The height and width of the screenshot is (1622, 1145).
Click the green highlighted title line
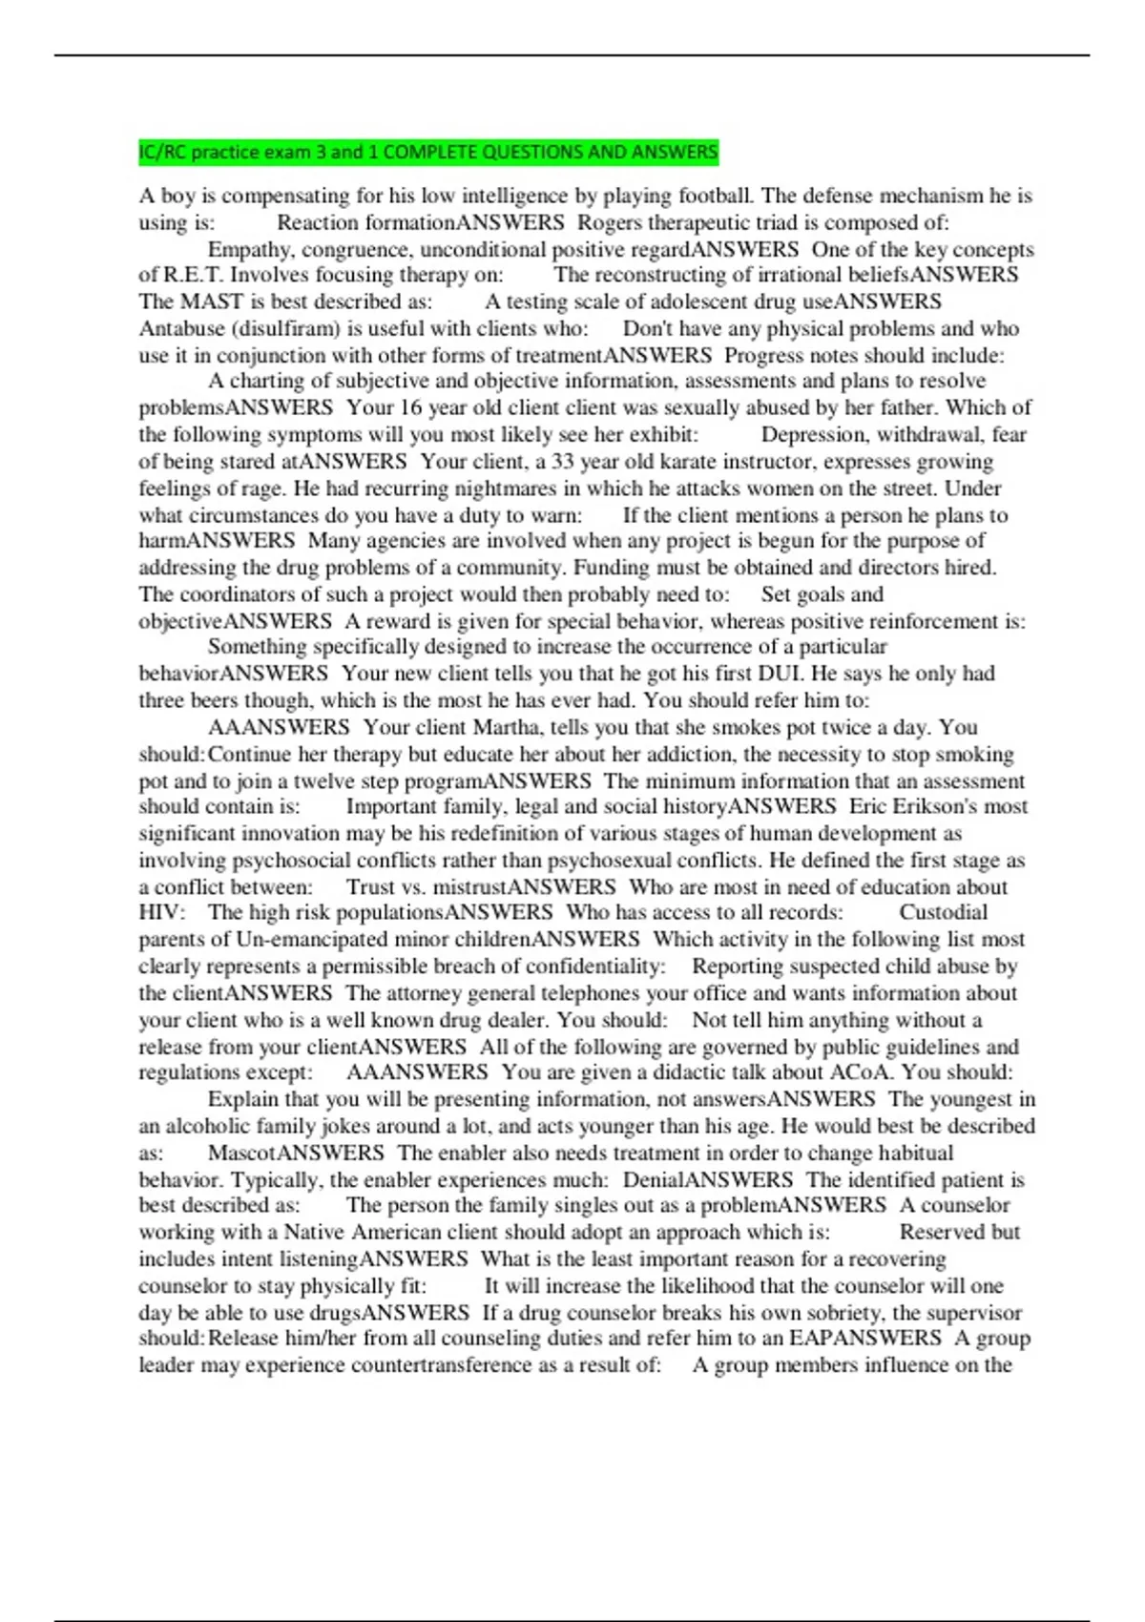point(428,152)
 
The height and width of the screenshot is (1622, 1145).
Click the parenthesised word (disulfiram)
point(283,328)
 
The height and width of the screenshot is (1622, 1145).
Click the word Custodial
point(943,912)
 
